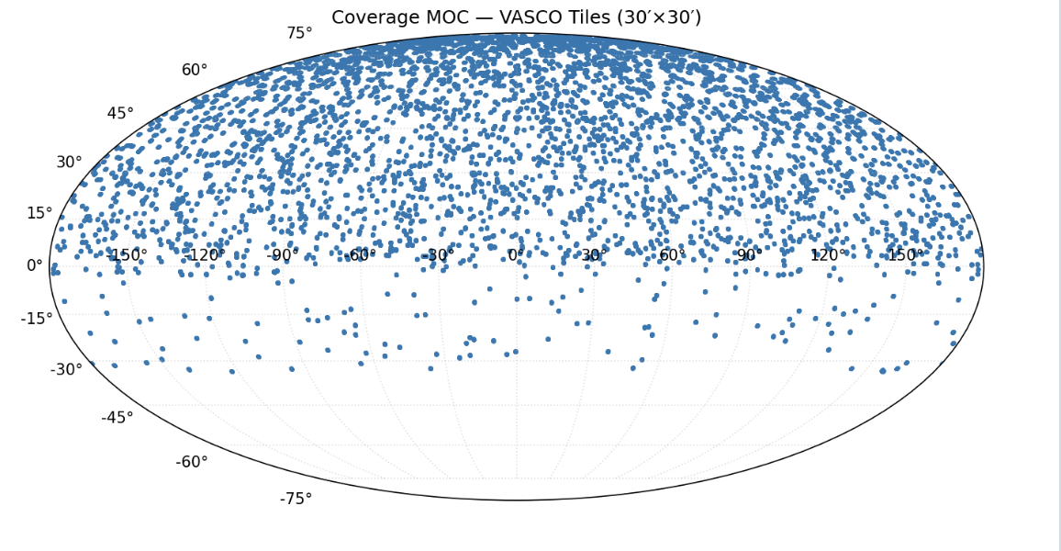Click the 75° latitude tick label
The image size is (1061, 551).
coord(299,33)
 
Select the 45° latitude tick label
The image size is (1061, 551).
coord(120,114)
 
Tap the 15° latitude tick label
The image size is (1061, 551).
coord(39,213)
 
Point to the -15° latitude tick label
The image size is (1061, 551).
coord(37,319)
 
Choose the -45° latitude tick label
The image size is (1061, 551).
coord(117,418)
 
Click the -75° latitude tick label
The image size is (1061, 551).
coord(296,499)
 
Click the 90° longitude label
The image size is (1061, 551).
coord(748,255)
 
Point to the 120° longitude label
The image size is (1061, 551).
coord(827,255)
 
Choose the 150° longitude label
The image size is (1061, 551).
coord(905,255)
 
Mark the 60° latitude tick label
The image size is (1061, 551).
coord(195,70)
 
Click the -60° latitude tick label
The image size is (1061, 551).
coord(192,462)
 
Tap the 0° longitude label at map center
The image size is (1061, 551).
coord(516,255)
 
